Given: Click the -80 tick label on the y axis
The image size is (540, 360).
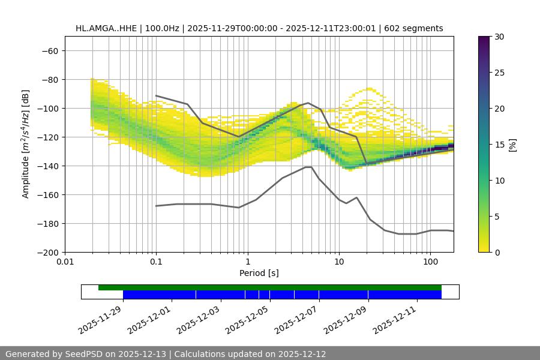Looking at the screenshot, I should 50,80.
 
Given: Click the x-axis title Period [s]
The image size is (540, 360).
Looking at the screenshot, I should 259,273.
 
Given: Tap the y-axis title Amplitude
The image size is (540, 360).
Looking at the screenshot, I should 26,144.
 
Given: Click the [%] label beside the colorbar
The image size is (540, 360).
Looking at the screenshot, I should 512,145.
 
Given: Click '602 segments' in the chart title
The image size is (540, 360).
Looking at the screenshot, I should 415,28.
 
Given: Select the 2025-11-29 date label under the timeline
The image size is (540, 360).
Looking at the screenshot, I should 100,319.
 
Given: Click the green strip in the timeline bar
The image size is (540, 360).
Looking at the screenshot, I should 270,287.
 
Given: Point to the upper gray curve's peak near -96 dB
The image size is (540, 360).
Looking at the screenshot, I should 308,103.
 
